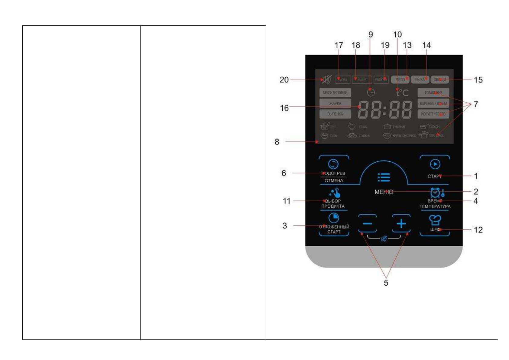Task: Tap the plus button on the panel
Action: (x=401, y=224)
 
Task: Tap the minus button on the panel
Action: (x=367, y=224)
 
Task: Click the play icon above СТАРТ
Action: (x=435, y=164)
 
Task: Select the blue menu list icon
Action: (x=384, y=177)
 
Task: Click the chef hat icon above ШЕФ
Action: (x=435, y=220)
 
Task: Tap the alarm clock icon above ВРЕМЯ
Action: (x=435, y=193)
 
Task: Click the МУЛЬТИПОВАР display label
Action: (x=335, y=93)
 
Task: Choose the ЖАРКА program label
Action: (x=335, y=103)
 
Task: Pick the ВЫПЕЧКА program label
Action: (x=335, y=114)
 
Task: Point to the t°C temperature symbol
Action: (x=402, y=92)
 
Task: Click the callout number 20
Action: (x=284, y=80)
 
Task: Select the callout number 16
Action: (x=284, y=108)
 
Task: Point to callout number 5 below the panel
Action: (x=386, y=283)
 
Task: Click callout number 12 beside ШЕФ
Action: (x=478, y=230)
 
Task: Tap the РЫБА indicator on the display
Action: (x=420, y=79)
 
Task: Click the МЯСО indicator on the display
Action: (x=400, y=79)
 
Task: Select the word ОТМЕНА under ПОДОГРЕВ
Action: (x=334, y=180)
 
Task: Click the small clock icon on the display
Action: (x=371, y=92)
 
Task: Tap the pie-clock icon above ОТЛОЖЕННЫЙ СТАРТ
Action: (x=334, y=218)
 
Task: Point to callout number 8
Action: (x=277, y=142)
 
